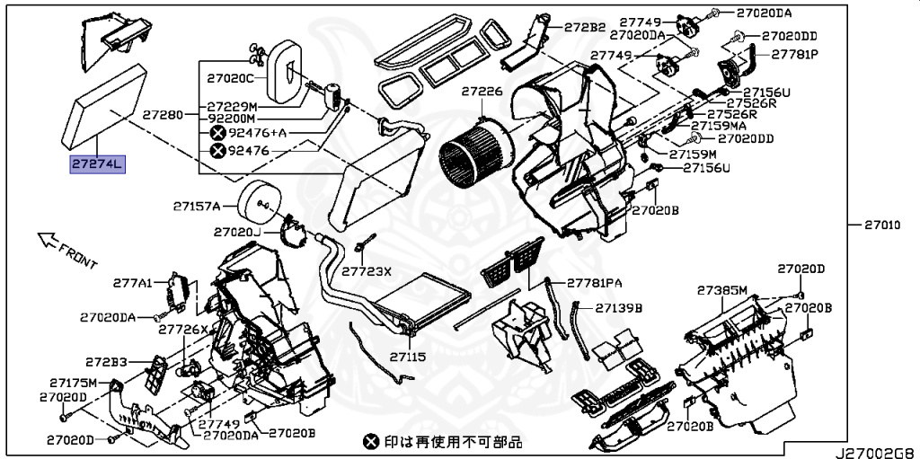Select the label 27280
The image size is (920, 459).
(163, 116)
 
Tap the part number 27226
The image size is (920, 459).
(482, 92)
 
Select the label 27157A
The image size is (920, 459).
(196, 206)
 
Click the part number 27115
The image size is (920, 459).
(406, 357)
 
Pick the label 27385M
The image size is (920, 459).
(722, 290)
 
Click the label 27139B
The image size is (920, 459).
(619, 307)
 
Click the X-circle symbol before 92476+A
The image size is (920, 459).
(217, 133)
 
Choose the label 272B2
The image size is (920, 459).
(586, 26)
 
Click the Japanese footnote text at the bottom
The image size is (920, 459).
(442, 442)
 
